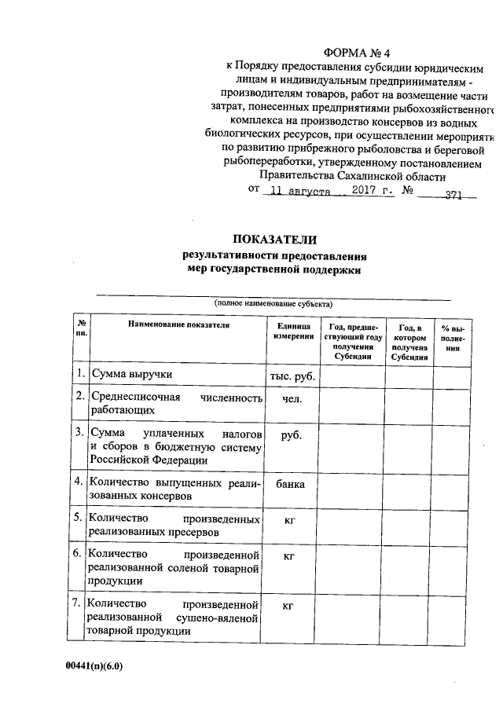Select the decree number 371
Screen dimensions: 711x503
click(x=453, y=192)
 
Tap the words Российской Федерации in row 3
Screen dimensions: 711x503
click(x=149, y=460)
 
